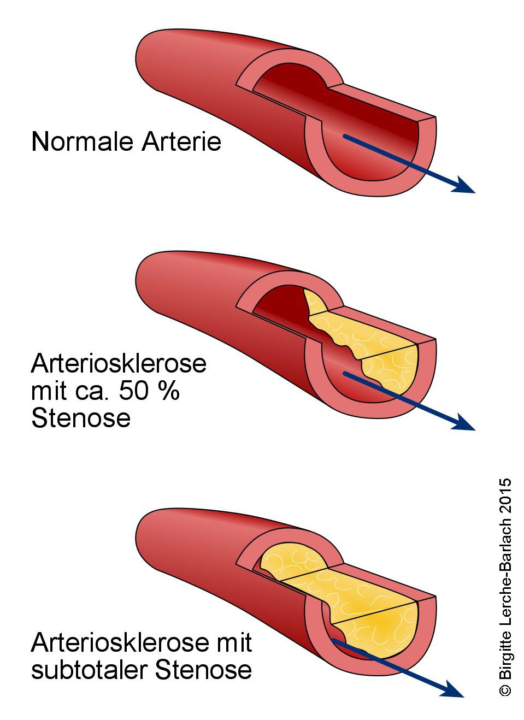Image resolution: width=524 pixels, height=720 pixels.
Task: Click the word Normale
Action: coord(83,141)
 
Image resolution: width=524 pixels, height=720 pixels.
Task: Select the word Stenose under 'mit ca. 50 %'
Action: coord(81,419)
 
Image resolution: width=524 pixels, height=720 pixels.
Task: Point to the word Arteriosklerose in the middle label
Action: coord(119,363)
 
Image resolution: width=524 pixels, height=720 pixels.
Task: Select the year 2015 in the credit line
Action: coord(505,495)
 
